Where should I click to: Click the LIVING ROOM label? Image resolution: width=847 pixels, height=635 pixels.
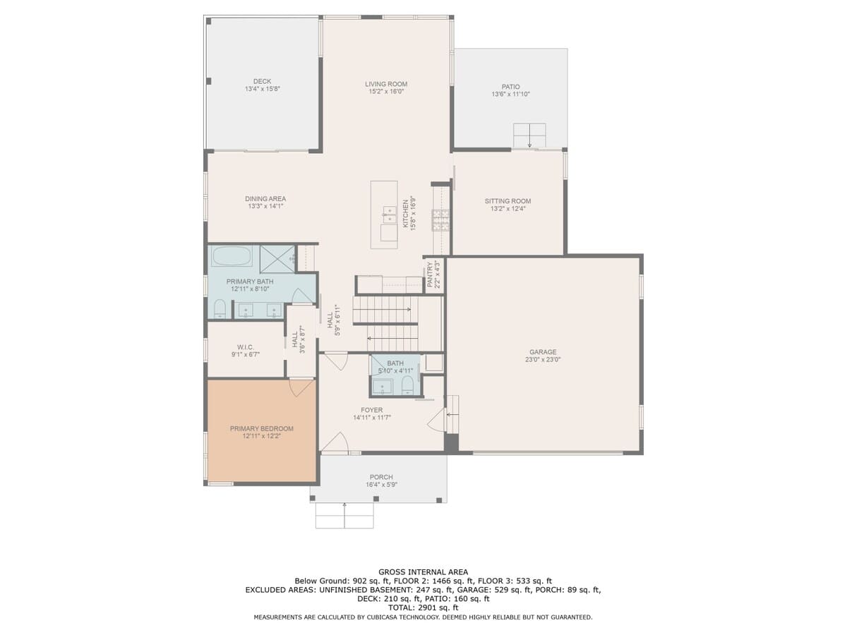click(386, 84)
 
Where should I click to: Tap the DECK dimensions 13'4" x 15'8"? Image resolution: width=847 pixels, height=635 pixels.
click(262, 89)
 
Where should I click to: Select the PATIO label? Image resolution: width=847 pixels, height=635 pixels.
click(510, 87)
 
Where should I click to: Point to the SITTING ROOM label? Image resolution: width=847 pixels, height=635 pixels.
click(507, 201)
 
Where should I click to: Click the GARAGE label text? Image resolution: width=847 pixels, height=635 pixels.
click(543, 352)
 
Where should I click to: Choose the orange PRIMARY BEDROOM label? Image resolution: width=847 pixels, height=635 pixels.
click(262, 429)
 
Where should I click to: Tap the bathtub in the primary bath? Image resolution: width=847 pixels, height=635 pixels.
click(232, 255)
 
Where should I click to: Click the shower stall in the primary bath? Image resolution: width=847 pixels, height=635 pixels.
click(277, 259)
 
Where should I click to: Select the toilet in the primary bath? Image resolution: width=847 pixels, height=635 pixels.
click(220, 309)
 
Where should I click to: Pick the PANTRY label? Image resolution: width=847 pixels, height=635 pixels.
click(430, 274)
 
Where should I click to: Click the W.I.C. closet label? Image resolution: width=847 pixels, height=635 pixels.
click(246, 347)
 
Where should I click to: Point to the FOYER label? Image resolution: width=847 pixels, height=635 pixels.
click(371, 410)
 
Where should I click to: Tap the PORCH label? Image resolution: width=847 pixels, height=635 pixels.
click(381, 478)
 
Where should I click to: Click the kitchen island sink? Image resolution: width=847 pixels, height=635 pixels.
click(390, 214)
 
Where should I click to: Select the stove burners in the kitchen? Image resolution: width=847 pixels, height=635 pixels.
click(440, 220)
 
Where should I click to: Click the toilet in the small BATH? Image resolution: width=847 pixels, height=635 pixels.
click(408, 386)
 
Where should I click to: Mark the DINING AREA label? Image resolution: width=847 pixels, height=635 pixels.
click(265, 199)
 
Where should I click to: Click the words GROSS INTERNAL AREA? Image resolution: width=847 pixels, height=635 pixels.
click(423, 572)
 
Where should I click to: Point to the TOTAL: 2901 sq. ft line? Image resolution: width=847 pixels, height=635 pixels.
click(423, 608)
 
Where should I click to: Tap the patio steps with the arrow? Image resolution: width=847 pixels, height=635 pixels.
click(529, 135)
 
